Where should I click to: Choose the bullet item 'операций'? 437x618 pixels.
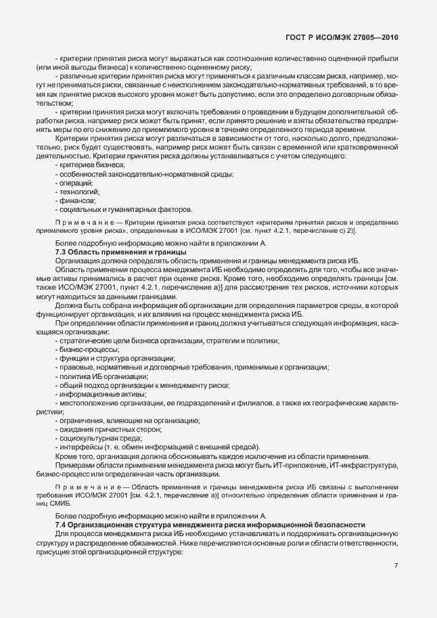coord(74,183)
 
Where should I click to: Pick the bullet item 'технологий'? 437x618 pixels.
coord(77,192)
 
